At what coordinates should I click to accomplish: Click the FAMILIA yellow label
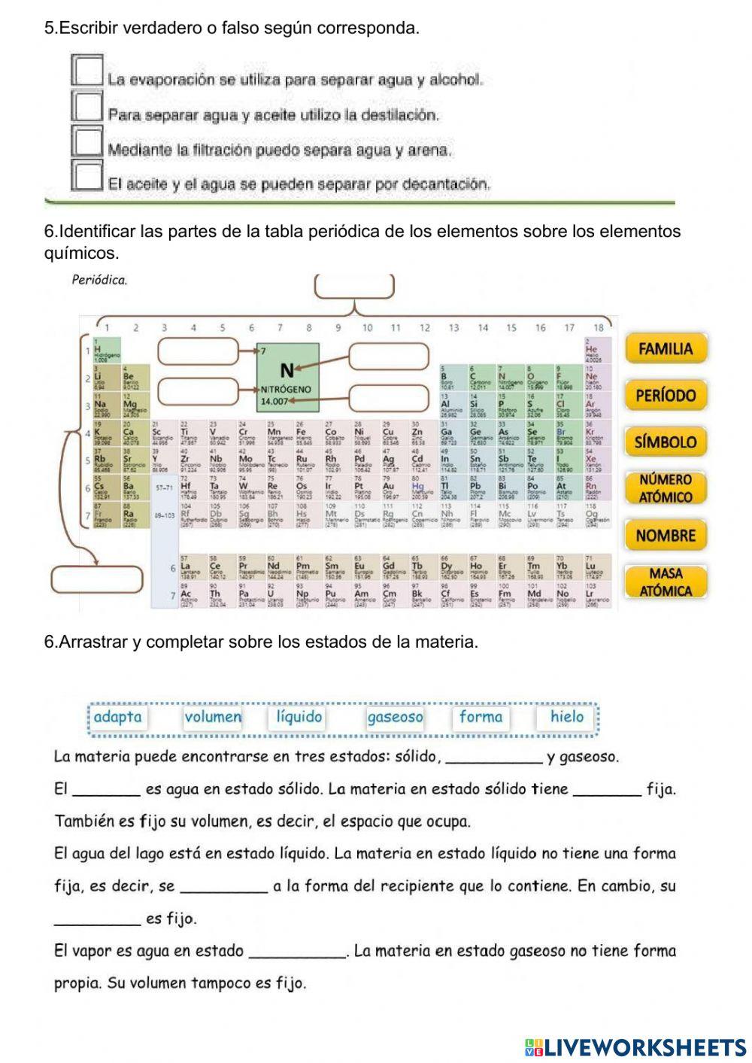[666, 348]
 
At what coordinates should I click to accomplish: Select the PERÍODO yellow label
[666, 395]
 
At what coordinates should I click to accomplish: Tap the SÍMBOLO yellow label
[666, 442]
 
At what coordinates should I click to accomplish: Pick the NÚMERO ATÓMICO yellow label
[666, 488]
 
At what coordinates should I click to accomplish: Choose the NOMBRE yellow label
[666, 536]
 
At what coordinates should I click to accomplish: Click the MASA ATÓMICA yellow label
[666, 582]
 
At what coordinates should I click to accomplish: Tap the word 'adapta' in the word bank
[117, 717]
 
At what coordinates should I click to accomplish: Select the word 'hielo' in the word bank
[566, 717]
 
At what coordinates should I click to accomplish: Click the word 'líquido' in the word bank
[299, 717]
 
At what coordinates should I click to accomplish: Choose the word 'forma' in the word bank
[481, 717]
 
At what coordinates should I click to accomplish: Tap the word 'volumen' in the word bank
[213, 717]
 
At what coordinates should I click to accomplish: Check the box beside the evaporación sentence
[87, 71]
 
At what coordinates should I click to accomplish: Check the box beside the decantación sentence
[87, 175]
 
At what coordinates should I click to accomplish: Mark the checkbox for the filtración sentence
[87, 141]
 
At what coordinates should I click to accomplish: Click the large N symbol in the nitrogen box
[287, 370]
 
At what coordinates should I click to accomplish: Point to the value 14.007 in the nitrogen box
[274, 402]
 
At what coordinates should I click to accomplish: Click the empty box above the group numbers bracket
[354, 287]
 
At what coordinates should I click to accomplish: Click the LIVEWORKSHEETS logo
[635, 1046]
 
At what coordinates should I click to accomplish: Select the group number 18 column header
[598, 327]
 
